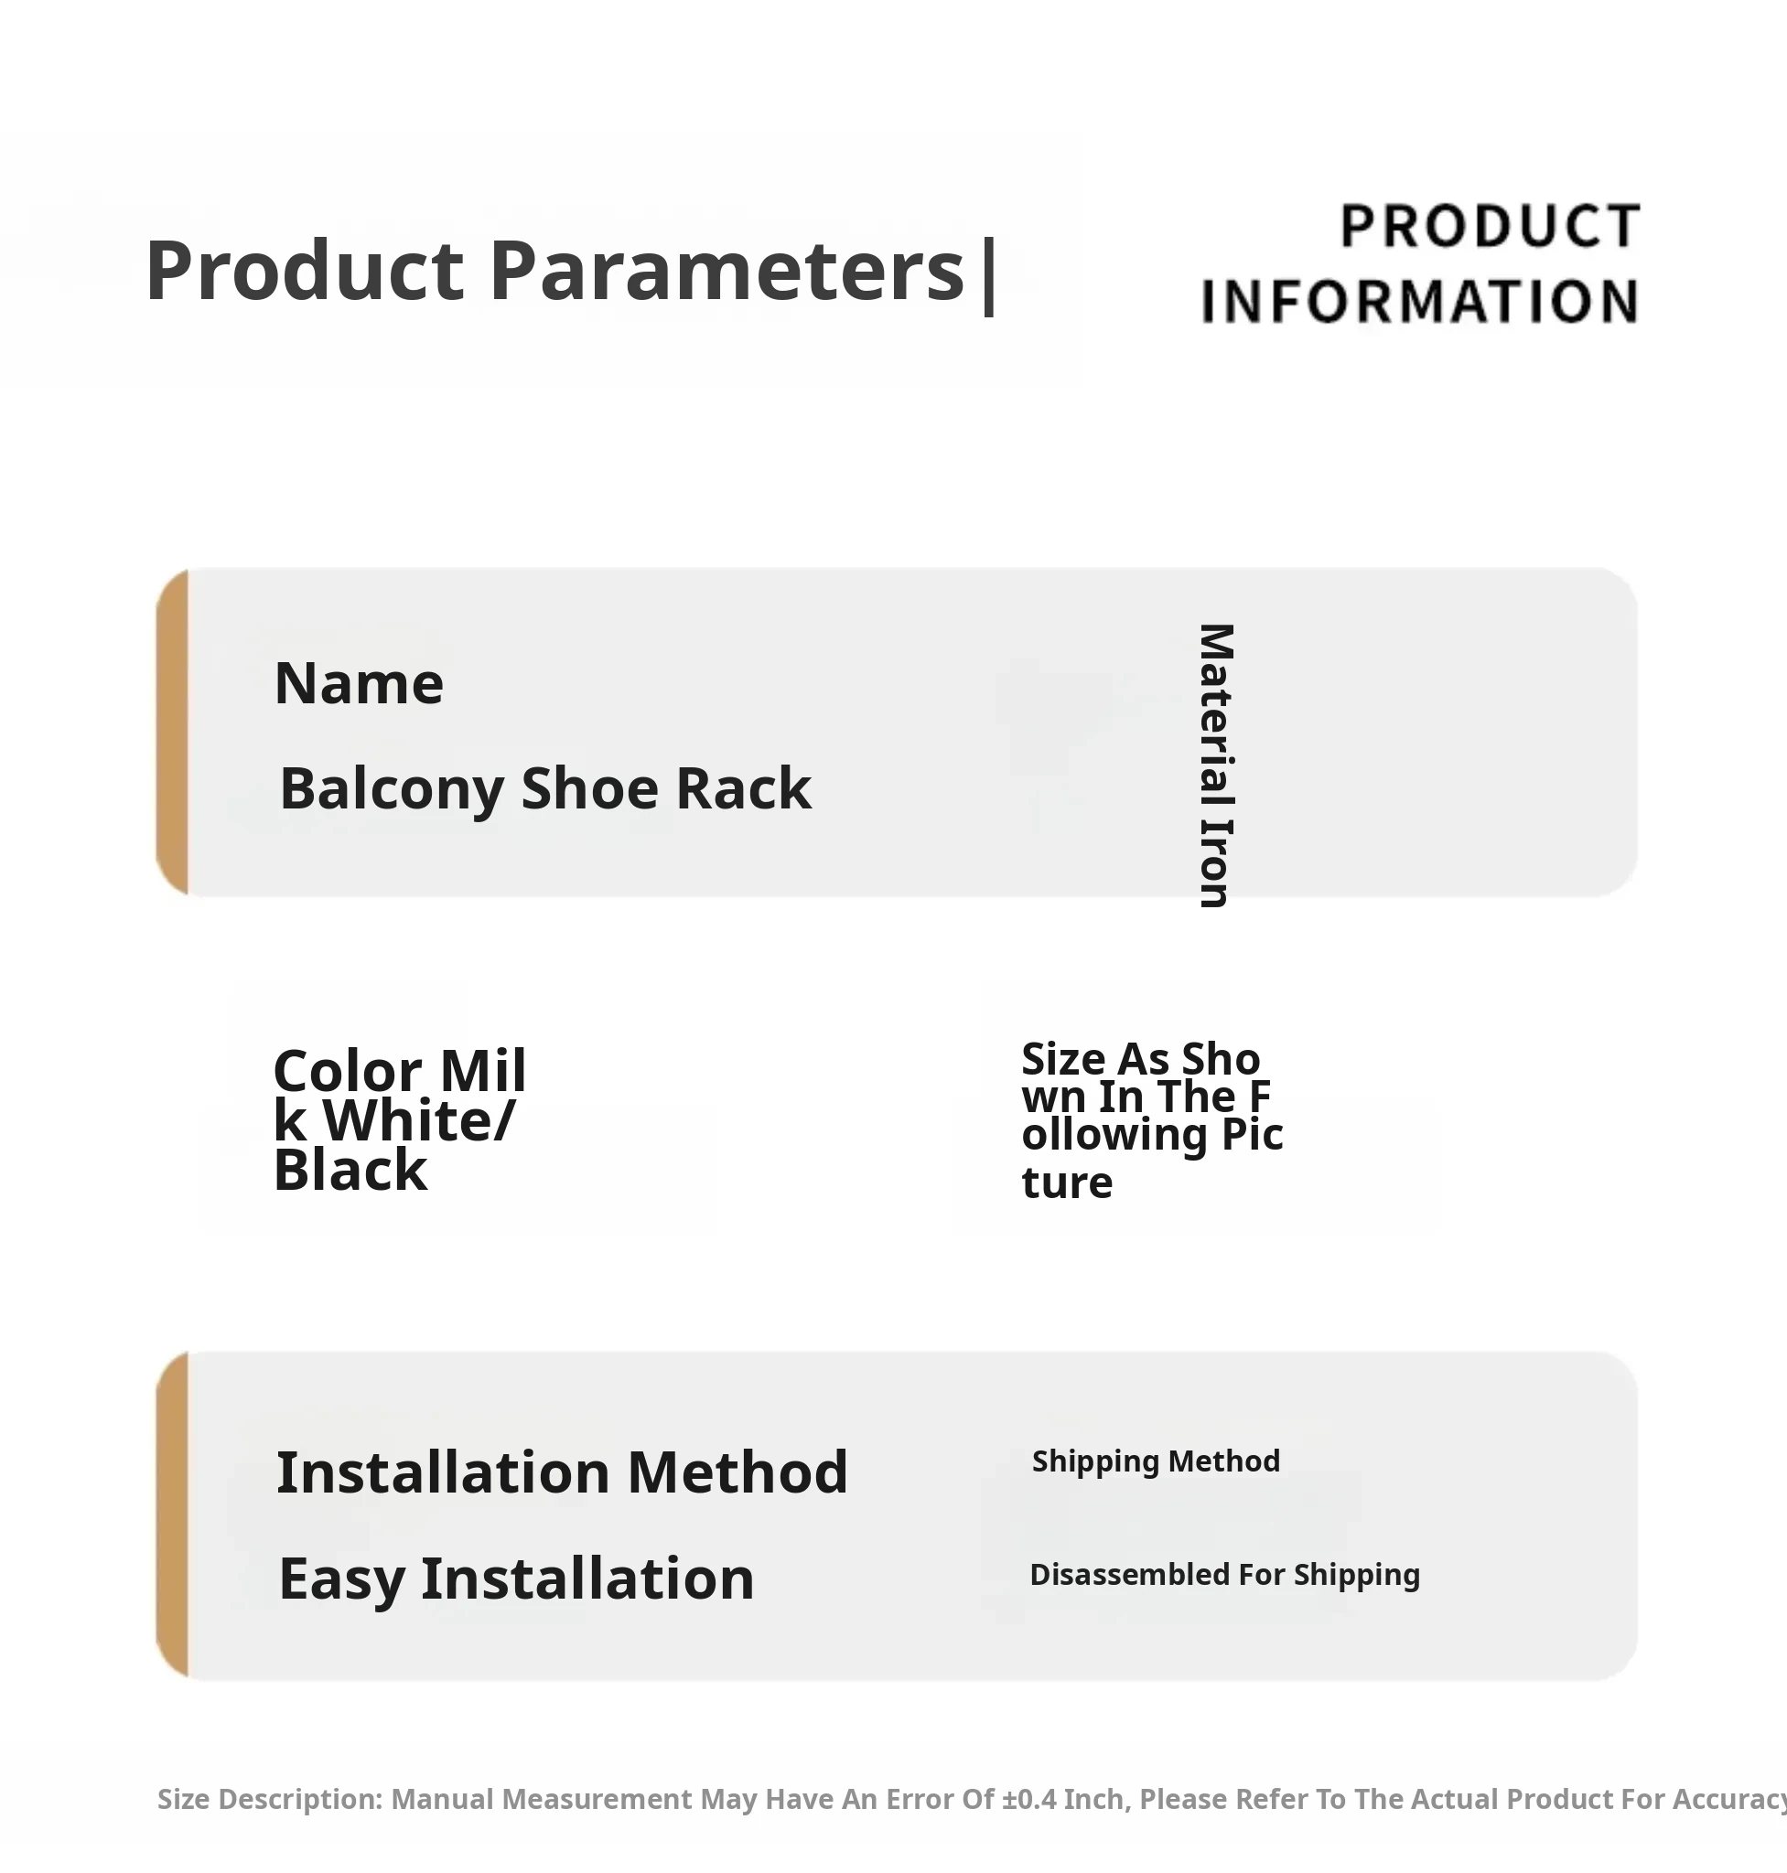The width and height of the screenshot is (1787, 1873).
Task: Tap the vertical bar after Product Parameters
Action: (989, 275)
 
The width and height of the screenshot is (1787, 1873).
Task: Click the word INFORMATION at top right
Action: (1419, 302)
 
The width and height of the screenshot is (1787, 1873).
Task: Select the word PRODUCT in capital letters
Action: (1490, 227)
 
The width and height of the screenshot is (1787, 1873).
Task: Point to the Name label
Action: (359, 683)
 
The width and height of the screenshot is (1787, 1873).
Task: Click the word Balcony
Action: (392, 789)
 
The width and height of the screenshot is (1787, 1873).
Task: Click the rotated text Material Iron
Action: (1215, 765)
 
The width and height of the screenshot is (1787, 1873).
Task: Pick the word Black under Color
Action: (350, 1170)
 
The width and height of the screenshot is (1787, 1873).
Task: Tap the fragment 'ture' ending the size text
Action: (1067, 1183)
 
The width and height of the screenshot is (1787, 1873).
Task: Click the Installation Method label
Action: (562, 1472)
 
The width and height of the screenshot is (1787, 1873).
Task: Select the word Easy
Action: (342, 1579)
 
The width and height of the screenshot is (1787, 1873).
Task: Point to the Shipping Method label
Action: (1156, 1461)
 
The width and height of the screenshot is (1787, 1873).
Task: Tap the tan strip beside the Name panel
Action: (172, 732)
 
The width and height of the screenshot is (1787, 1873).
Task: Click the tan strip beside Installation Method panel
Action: (172, 1515)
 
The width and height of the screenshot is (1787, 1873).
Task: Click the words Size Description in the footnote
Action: (270, 1800)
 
